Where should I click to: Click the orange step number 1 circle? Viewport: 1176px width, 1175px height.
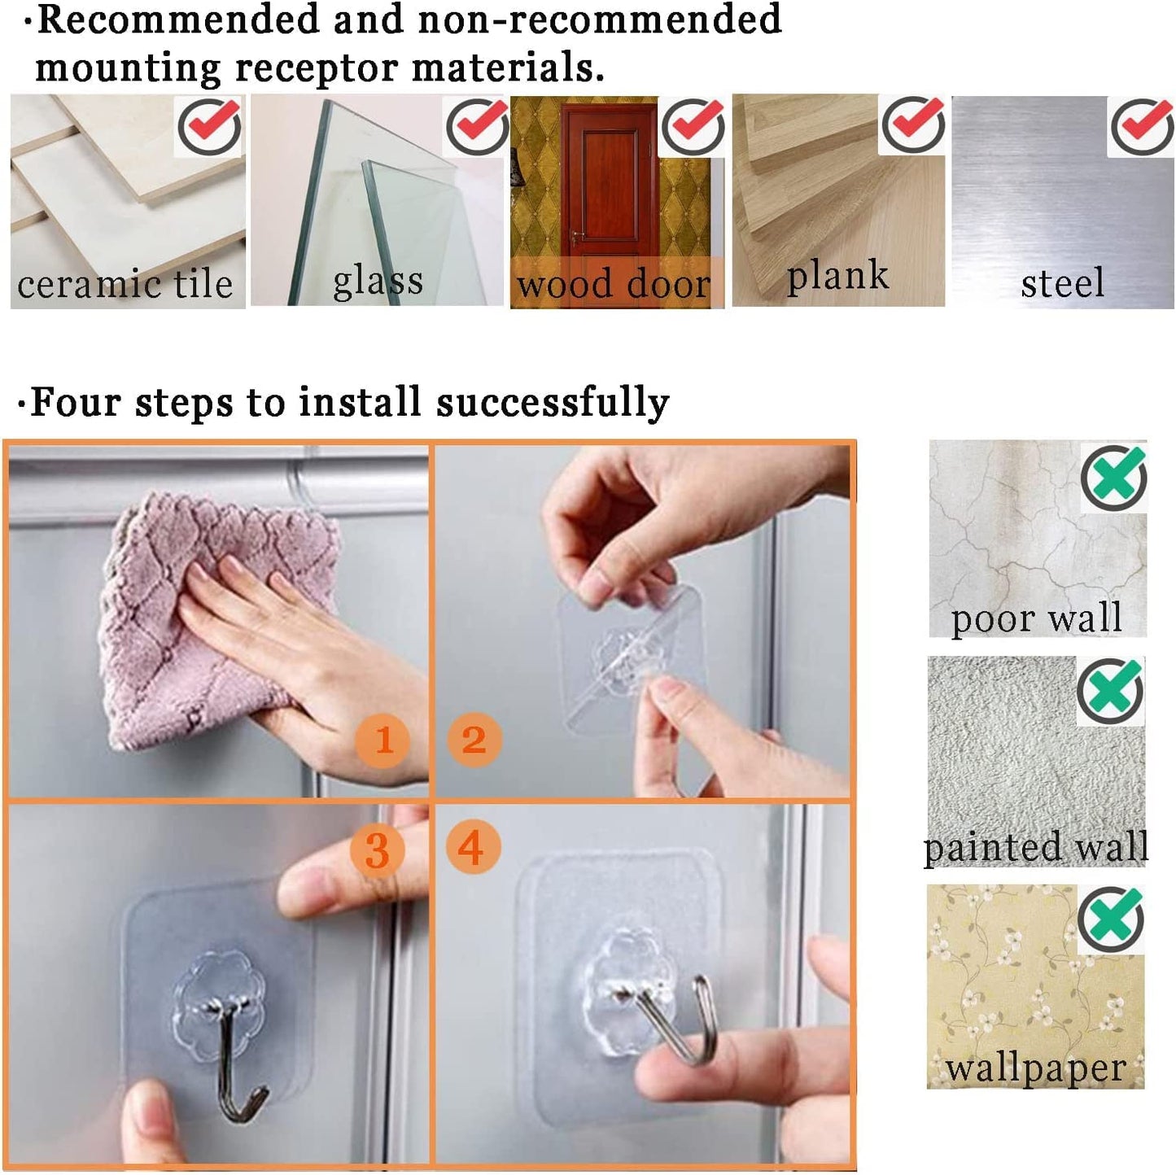(383, 739)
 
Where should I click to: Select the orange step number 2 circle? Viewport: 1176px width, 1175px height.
(474, 739)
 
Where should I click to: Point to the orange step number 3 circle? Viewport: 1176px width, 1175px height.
(377, 849)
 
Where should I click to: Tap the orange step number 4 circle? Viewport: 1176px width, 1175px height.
(473, 846)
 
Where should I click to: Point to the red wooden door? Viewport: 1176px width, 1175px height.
(608, 183)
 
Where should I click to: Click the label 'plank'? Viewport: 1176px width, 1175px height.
(837, 276)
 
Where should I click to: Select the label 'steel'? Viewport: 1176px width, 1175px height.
(1063, 282)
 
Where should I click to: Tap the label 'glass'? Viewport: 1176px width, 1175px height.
(378, 282)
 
